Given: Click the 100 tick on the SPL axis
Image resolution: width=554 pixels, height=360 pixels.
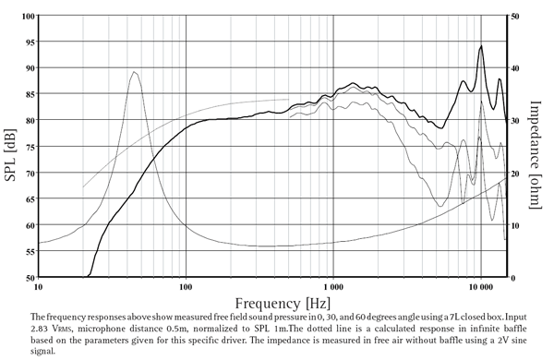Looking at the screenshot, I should click(x=29, y=17).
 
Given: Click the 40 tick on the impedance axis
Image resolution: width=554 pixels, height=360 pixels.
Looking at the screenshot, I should click(x=515, y=69).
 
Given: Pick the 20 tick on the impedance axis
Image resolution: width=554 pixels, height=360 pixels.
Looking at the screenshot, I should click(x=515, y=174).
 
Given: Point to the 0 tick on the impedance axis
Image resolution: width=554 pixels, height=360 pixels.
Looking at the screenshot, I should click(x=513, y=277).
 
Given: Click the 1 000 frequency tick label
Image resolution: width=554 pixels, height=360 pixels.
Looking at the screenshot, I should click(x=332, y=287).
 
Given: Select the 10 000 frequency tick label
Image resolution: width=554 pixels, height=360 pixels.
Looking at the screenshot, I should click(x=479, y=287).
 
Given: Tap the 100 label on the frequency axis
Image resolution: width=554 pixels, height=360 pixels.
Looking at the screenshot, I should click(x=187, y=287).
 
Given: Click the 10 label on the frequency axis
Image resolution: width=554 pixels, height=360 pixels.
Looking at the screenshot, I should click(x=40, y=287).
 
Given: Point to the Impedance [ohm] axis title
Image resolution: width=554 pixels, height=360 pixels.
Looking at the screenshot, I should click(x=535, y=148).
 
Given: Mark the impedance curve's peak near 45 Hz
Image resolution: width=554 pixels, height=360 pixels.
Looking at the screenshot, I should click(x=135, y=72).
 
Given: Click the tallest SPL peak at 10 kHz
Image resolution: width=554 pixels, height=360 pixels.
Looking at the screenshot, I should click(x=481, y=46).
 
